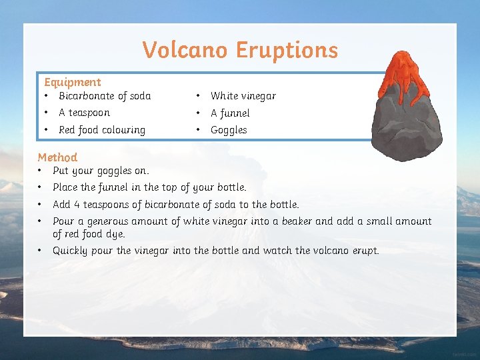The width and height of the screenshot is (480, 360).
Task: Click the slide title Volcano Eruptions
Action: click(x=240, y=50)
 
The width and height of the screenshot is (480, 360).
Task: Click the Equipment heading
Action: click(x=72, y=82)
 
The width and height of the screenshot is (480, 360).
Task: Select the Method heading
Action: click(x=57, y=157)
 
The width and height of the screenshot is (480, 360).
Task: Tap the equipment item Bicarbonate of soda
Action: click(x=105, y=96)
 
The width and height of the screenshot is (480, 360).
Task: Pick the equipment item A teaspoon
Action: click(x=84, y=113)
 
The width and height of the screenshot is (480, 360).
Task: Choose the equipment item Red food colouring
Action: click(x=101, y=130)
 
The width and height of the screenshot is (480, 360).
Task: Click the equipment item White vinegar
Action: click(x=243, y=96)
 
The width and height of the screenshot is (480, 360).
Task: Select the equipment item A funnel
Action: click(x=230, y=113)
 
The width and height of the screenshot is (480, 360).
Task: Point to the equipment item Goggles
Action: click(x=229, y=130)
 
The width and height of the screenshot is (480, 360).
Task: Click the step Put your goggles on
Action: click(x=101, y=171)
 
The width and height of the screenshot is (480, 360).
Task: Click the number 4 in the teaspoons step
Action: click(x=77, y=205)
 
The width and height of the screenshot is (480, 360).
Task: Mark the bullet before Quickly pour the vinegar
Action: click(x=41, y=251)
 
